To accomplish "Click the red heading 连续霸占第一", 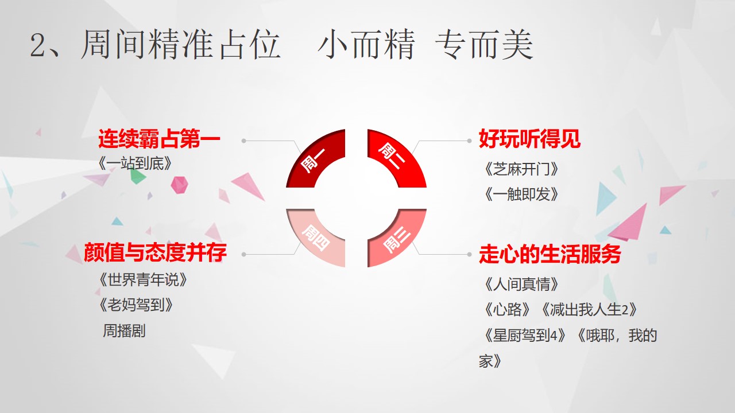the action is coord(159,139).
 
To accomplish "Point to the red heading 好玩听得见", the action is coord(529,139).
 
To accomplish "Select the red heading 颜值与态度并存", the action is coord(155,252).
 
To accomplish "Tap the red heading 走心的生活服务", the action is coord(550,254).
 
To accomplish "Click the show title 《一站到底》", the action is coord(135,163).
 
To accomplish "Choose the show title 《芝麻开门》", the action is coord(521,169).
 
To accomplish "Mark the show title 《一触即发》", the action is coord(521,194).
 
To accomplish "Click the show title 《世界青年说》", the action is coord(143,280).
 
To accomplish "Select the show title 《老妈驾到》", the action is coord(136,305).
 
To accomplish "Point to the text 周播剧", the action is coord(124,330).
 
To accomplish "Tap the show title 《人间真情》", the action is coord(521,284).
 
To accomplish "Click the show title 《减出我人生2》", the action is coord(589,309).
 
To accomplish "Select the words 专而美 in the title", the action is coord(484,44).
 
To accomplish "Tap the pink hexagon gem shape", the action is coord(179,185).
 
